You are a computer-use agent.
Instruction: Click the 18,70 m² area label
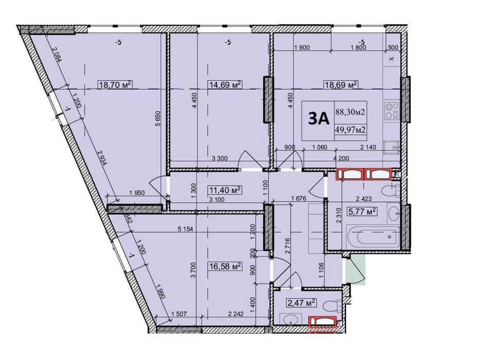(x=115, y=85)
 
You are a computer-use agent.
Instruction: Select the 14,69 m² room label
(x=225, y=85)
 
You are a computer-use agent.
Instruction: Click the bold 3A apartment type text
(x=318, y=118)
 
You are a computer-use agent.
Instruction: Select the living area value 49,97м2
(x=350, y=130)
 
